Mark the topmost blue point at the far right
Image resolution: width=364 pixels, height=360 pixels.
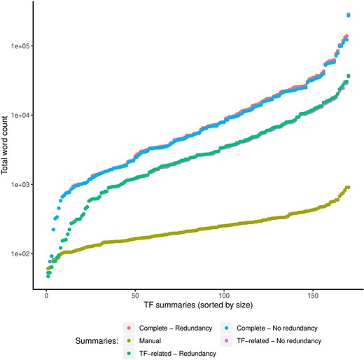[349, 15]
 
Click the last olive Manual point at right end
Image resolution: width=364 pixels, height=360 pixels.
[348, 187]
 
